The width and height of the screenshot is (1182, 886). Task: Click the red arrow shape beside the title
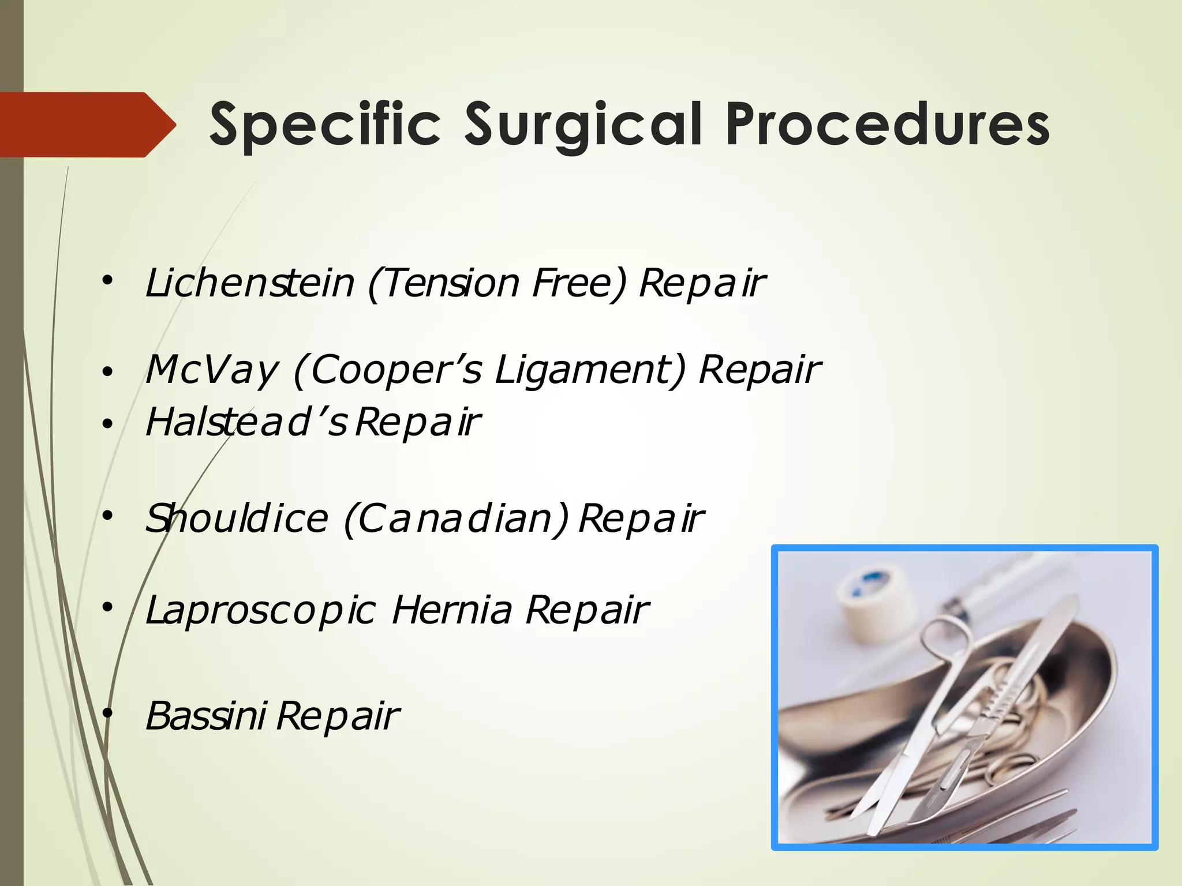(x=87, y=125)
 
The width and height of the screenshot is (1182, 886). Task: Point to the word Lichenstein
(x=249, y=283)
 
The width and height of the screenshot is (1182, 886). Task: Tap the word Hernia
(x=452, y=610)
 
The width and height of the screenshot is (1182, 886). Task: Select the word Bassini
(x=205, y=716)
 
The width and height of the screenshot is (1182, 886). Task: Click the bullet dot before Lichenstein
(x=107, y=281)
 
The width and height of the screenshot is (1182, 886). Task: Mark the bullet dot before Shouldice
(x=107, y=515)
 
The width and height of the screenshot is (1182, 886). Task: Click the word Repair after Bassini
(x=338, y=716)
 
